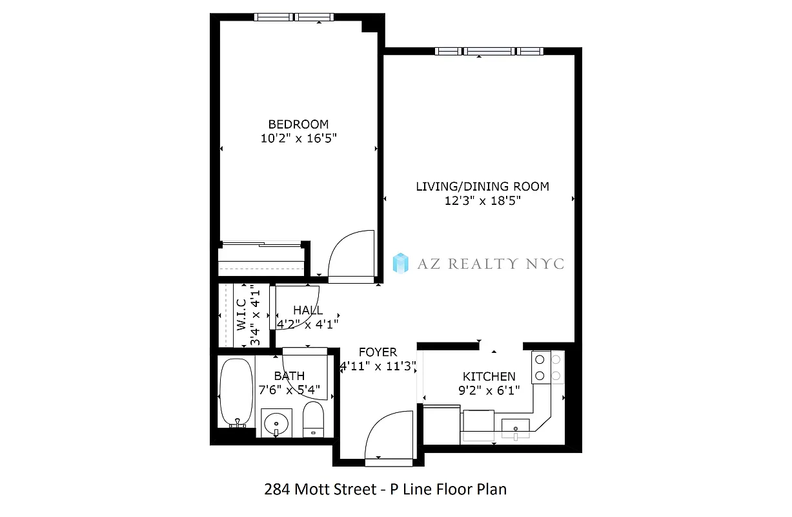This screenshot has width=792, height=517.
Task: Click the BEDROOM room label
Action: [x=298, y=124]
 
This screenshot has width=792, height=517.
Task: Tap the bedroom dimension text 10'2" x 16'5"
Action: [x=298, y=138]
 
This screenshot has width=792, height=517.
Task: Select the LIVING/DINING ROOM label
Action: [x=482, y=187]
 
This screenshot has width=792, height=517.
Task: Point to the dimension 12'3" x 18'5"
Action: [x=482, y=200]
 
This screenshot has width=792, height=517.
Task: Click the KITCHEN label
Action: [x=489, y=376]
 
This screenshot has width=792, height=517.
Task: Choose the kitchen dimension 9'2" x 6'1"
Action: [x=489, y=390]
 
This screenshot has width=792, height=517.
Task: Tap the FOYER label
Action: [x=378, y=352]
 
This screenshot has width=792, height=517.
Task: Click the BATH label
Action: [x=289, y=375]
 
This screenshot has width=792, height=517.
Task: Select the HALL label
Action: [x=308, y=310]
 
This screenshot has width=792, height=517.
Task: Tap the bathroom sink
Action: [x=277, y=423]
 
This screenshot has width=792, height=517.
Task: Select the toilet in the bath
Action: [x=313, y=419]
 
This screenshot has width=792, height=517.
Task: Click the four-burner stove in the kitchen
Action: [x=547, y=366]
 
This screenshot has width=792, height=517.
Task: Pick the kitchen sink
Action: [x=516, y=428]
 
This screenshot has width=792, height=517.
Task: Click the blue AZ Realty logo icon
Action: [x=401, y=262]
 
